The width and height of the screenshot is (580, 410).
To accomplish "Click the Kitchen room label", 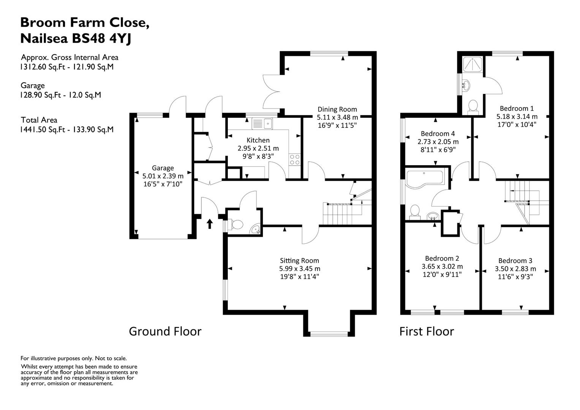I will click(258, 140).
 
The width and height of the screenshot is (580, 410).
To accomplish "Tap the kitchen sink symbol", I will click(262, 124).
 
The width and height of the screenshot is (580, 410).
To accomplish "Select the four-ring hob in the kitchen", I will click(294, 159).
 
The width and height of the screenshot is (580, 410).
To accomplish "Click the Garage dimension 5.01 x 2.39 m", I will click(163, 176).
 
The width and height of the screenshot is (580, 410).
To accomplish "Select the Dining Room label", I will click(337, 109).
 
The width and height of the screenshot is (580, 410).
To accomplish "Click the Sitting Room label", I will click(299, 260).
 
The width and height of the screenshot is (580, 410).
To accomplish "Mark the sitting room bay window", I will click(329, 334).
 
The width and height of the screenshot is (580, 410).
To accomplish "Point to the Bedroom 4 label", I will click(438, 134).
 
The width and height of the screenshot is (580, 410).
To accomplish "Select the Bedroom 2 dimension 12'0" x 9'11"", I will click(442, 274).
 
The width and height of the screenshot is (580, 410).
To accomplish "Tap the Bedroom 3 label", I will click(515, 260).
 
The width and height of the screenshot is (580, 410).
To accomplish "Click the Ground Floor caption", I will click(165, 331).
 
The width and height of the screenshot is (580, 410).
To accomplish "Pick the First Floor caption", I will click(427, 331).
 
